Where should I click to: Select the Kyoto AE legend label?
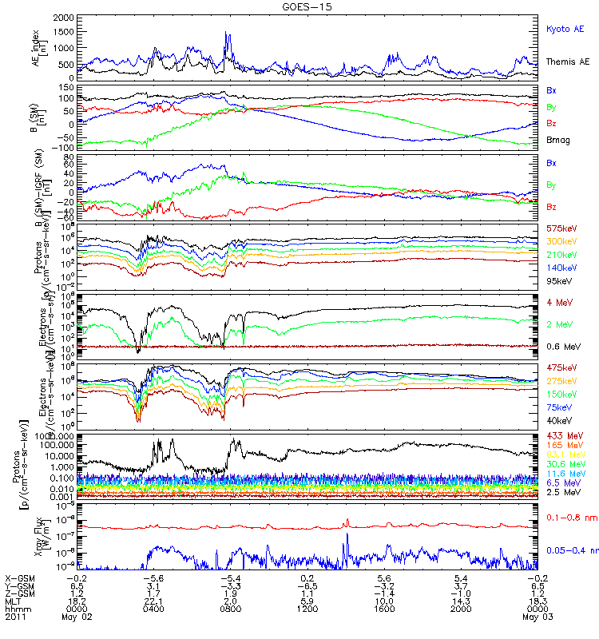(565, 29)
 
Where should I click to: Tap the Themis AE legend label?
(567, 62)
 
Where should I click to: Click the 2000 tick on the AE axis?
(64, 17)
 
